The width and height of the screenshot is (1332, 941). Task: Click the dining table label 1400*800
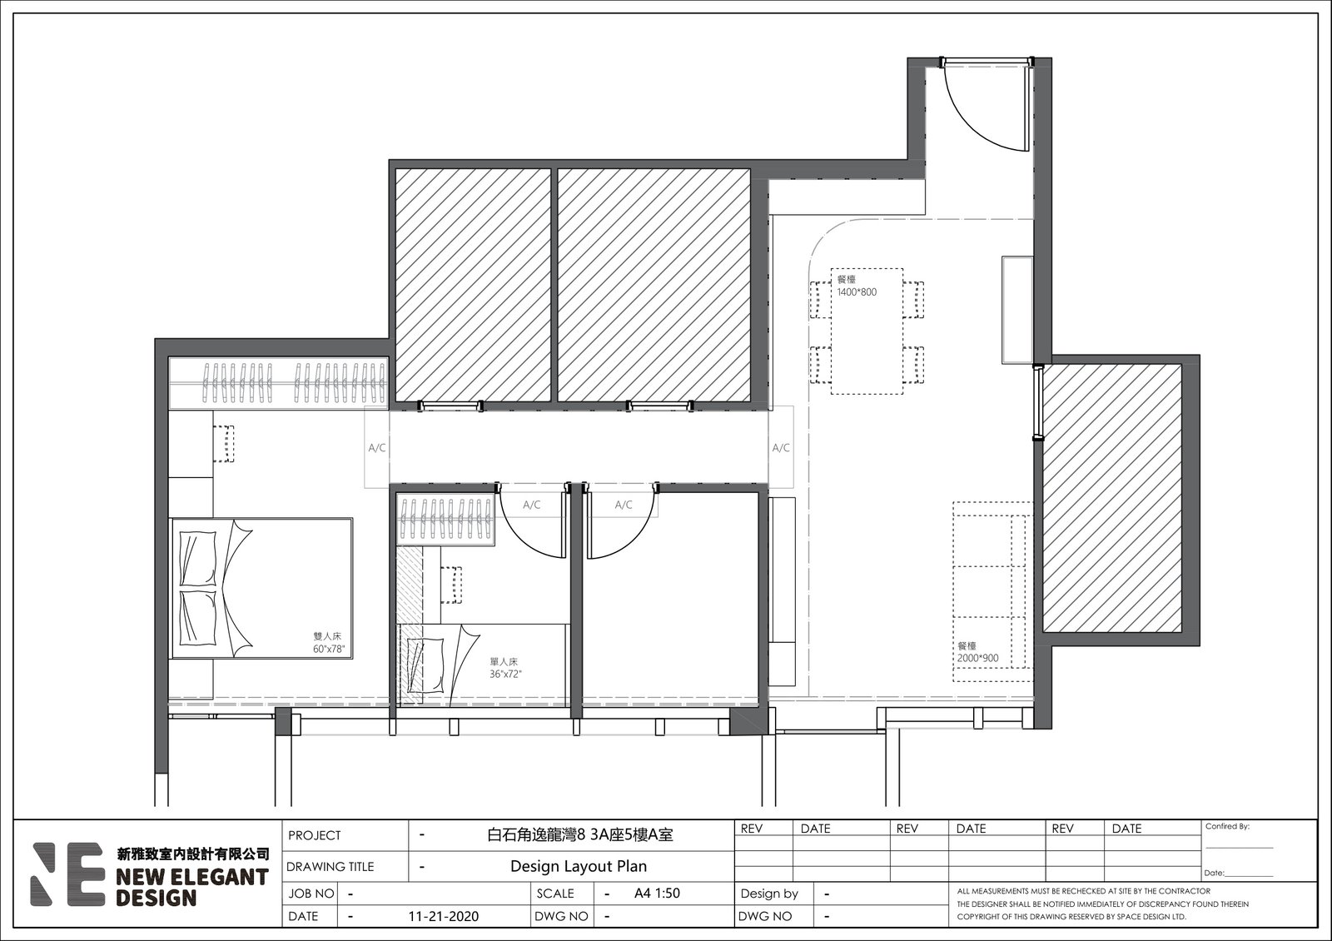(x=857, y=292)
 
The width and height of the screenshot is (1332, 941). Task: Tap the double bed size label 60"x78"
(x=329, y=649)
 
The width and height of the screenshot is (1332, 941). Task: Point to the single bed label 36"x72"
(x=505, y=674)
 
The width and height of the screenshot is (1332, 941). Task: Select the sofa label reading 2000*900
(x=978, y=658)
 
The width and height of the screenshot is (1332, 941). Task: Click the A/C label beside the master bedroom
(x=377, y=448)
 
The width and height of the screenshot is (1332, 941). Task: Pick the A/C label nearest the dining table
(x=781, y=448)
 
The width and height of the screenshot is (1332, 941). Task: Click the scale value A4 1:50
(x=657, y=893)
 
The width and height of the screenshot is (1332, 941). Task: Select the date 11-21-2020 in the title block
(x=444, y=916)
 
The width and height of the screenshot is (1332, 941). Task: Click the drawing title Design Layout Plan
(x=579, y=866)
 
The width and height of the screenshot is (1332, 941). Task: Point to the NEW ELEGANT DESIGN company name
(x=192, y=886)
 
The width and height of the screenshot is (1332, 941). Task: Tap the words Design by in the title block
(x=769, y=894)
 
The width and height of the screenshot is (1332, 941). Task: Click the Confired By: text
(x=1227, y=826)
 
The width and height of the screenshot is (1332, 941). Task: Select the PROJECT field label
(x=315, y=835)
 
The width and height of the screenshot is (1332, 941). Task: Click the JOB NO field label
(x=311, y=894)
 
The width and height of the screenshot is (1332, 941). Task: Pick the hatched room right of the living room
(x=1112, y=498)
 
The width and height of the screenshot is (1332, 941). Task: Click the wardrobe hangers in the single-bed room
(x=446, y=518)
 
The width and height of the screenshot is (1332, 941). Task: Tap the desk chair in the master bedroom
(x=224, y=443)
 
